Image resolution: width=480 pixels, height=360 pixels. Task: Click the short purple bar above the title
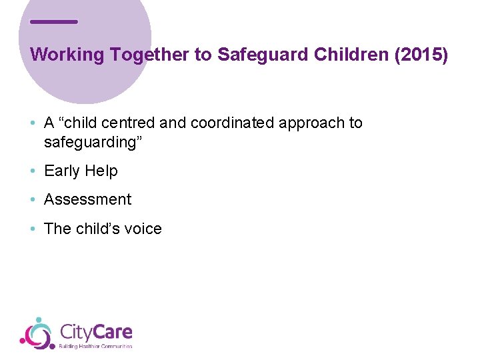(54, 22)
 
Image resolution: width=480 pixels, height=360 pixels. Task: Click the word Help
(101, 171)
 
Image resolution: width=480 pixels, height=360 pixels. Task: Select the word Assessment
(88, 199)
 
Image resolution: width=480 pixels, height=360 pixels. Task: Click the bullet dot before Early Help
(33, 171)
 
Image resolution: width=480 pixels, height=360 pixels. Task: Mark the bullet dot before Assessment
(33, 200)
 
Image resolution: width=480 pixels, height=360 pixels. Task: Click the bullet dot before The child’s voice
(33, 229)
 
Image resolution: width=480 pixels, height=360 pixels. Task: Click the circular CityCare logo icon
(37, 333)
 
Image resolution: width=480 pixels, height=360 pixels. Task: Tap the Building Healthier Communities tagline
(96, 346)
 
